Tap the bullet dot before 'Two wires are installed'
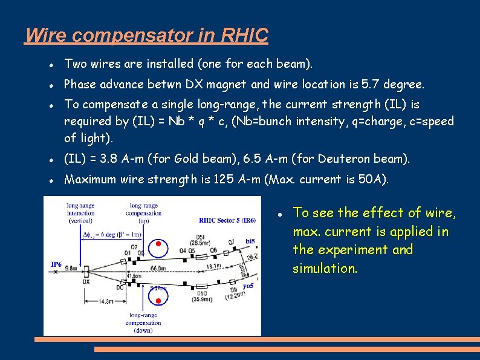[53, 64]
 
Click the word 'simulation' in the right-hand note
[324, 268]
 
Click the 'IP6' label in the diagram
[56, 264]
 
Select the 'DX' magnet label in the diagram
[86, 281]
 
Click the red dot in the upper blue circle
[158, 244]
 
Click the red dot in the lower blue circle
[158, 301]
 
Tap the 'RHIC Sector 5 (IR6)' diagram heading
[227, 220]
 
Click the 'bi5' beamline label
[250, 241]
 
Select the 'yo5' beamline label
[248, 286]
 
